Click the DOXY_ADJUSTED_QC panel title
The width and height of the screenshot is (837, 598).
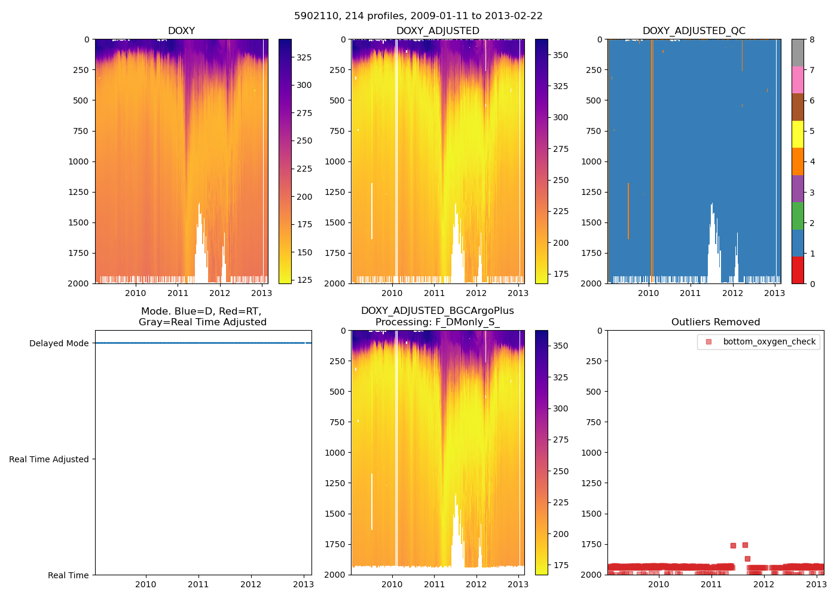coord(694,31)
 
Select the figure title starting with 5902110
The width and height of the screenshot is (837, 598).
coord(418,16)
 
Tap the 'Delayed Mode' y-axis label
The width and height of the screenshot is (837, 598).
coord(59,343)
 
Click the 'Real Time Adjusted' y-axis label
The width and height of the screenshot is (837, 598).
coord(49,459)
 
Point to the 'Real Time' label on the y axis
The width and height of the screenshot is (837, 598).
coord(68,575)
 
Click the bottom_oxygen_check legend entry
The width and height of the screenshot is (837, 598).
coord(769,342)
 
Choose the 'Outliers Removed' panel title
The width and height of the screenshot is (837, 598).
coord(716,322)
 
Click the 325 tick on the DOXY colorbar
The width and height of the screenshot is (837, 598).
coord(304,57)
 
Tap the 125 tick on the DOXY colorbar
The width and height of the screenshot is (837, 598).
coord(304,280)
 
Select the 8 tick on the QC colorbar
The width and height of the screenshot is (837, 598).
coord(809,39)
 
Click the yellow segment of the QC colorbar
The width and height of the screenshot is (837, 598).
coord(798,134)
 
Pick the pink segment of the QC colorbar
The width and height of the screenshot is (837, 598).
coord(798,80)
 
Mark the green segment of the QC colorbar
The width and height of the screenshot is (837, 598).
coord(798,215)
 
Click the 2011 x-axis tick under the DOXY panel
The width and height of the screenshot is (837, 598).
coord(178,293)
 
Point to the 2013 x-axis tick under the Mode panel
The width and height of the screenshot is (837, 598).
coord(303,584)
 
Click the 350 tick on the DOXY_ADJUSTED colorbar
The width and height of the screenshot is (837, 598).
coord(560,55)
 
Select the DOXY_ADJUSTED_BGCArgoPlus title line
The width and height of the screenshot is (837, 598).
coord(437,311)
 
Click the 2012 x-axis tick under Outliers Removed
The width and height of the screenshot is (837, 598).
coord(763,584)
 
